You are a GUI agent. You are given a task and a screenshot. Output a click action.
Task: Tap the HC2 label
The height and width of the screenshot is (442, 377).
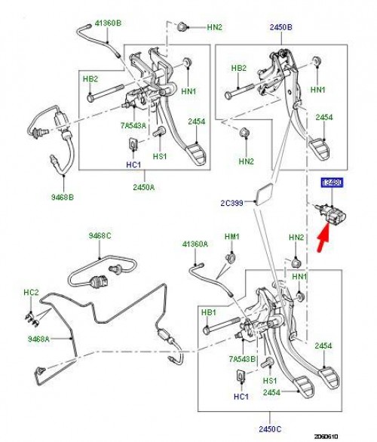(31, 292)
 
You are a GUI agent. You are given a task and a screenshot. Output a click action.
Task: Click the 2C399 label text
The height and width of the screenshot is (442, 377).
(233, 202)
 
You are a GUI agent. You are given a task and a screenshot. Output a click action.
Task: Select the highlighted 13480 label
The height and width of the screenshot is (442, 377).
(332, 183)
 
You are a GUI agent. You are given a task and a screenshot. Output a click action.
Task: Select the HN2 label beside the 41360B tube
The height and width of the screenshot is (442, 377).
(214, 28)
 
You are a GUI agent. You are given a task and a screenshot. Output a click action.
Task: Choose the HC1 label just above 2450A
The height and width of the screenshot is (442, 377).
(132, 163)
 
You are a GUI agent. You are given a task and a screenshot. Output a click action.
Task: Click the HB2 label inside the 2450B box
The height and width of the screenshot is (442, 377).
(238, 68)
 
